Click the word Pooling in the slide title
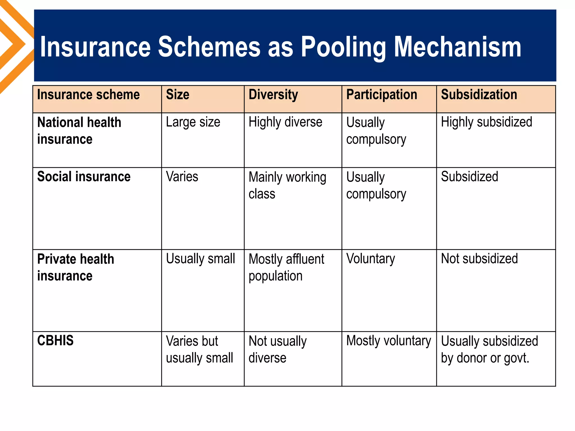pyautogui.click(x=343, y=47)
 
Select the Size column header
pyautogui.click(x=177, y=95)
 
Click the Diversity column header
pyautogui.click(x=273, y=95)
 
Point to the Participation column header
pyautogui.click(x=382, y=95)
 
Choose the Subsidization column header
pyautogui.click(x=479, y=95)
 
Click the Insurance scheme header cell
pyautogui.click(x=88, y=95)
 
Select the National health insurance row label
pyautogui.click(x=79, y=131)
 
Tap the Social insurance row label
pyautogui.click(x=84, y=177)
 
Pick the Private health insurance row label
pyautogui.click(x=76, y=267)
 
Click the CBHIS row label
pyautogui.click(x=55, y=341)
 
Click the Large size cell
pyautogui.click(x=193, y=122)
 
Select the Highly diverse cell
pyautogui.click(x=285, y=122)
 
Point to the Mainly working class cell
pyautogui.click(x=287, y=185)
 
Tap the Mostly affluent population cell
pyautogui.click(x=286, y=267)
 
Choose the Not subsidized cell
pyautogui.click(x=479, y=259)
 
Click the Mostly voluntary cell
pyautogui.click(x=388, y=341)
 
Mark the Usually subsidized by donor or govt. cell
pyautogui.click(x=489, y=349)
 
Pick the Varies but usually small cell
pyautogui.click(x=199, y=349)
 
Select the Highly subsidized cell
pyautogui.click(x=486, y=122)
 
